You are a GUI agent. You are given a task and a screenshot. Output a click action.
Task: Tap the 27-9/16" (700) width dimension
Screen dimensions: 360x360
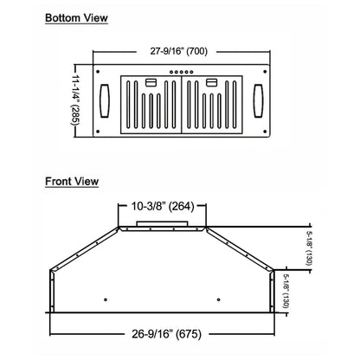tap(178, 50)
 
